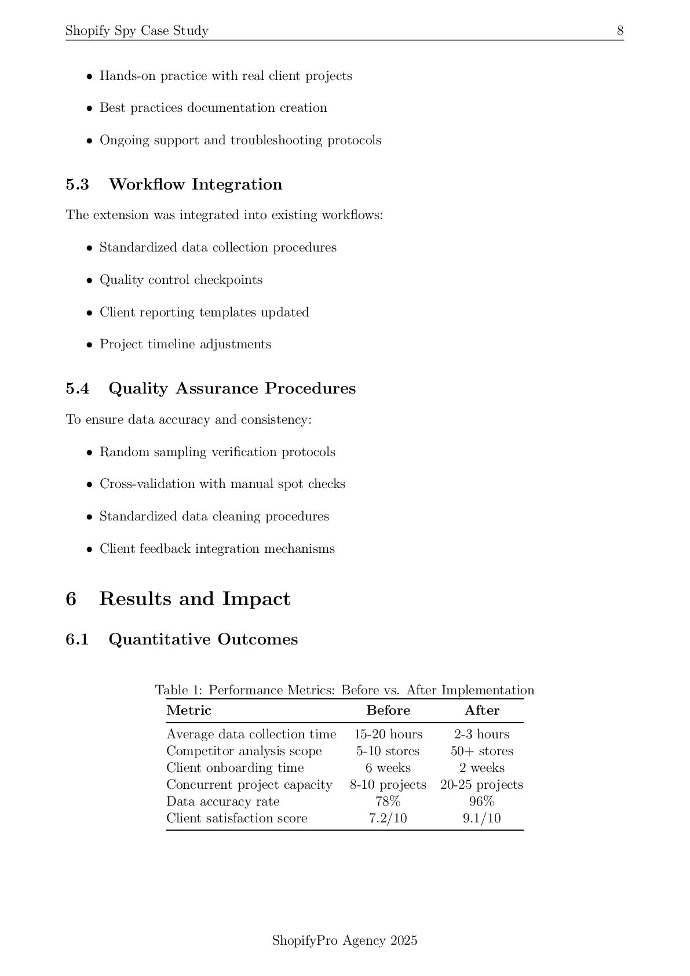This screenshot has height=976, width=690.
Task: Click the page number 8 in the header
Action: pyautogui.click(x=620, y=31)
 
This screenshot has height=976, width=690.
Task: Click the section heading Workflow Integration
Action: pyautogui.click(x=195, y=184)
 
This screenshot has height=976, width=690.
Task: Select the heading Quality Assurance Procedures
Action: pyautogui.click(x=232, y=388)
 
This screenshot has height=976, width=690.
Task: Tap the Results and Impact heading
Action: pyautogui.click(x=194, y=599)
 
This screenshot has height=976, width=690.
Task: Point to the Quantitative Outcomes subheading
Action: pyautogui.click(x=203, y=639)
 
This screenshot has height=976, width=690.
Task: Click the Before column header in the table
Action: pyautogui.click(x=388, y=711)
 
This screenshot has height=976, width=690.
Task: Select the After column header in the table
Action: pyautogui.click(x=481, y=711)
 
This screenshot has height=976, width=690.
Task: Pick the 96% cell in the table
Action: pyautogui.click(x=481, y=802)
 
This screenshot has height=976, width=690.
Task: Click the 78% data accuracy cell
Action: pyautogui.click(x=388, y=802)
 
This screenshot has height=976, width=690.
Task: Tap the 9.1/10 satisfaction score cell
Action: pyautogui.click(x=481, y=818)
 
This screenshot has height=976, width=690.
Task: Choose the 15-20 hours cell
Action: pyautogui.click(x=388, y=734)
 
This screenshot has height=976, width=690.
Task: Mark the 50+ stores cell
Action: pyautogui.click(x=481, y=751)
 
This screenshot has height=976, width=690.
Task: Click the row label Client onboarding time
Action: pyautogui.click(x=235, y=768)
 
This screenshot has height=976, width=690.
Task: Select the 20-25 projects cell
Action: pyautogui.click(x=481, y=785)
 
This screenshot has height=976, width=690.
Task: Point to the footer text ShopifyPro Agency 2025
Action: pyautogui.click(x=345, y=941)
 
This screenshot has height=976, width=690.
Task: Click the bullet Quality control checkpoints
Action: pyautogui.click(x=181, y=280)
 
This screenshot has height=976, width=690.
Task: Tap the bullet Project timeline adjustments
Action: pyautogui.click(x=185, y=344)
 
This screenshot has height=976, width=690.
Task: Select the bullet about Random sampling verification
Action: pyautogui.click(x=217, y=452)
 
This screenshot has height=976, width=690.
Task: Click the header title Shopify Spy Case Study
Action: pyautogui.click(x=137, y=31)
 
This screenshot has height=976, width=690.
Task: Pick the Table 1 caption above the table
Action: pyautogui.click(x=345, y=690)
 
